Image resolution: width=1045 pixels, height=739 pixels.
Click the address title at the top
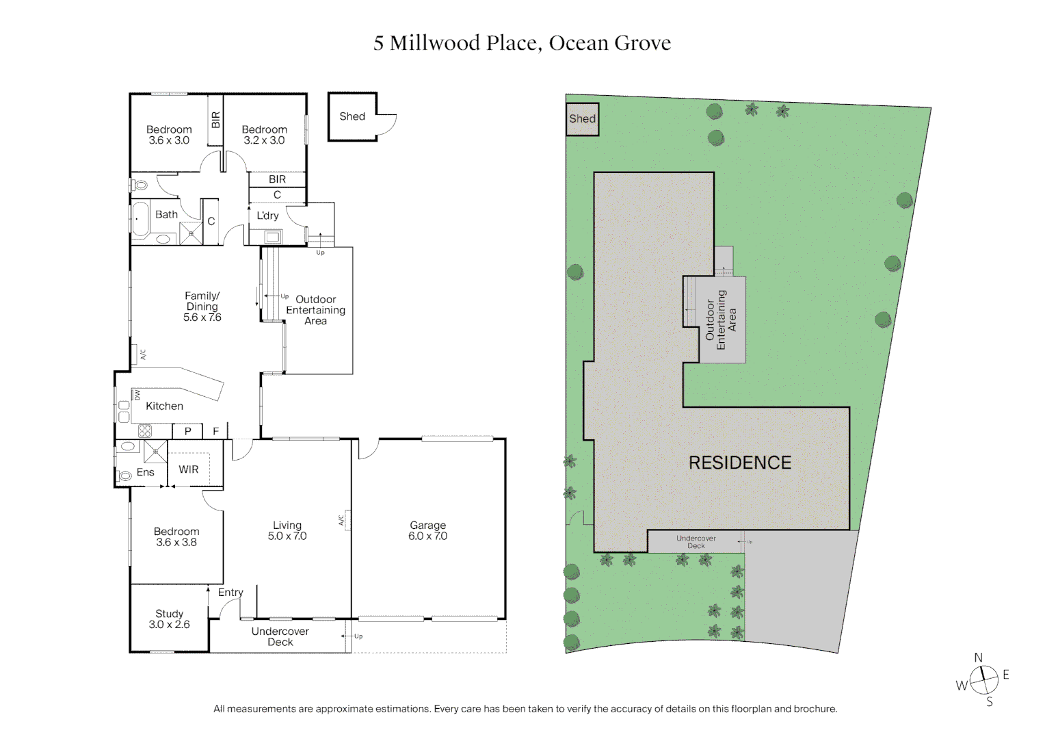point(522,43)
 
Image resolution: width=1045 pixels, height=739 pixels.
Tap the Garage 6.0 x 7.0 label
point(427,531)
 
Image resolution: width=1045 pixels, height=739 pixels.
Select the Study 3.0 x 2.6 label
point(169,619)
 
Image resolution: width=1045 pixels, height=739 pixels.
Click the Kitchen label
point(164,406)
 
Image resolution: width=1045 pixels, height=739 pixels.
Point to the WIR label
point(189,469)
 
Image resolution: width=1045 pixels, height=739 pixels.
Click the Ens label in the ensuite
point(145,472)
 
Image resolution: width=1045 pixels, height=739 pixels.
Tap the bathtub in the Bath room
point(140,219)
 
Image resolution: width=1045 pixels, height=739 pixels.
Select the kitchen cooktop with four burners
point(145,431)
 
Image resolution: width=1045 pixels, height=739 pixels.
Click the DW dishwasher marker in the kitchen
point(137,395)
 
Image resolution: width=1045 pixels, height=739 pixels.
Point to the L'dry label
point(267,216)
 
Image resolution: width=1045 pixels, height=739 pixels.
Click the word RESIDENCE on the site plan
point(739,463)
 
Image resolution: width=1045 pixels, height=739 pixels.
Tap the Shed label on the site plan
point(582,119)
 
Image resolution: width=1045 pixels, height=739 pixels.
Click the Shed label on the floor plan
point(352,116)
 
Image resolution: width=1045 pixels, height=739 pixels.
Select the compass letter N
point(978,658)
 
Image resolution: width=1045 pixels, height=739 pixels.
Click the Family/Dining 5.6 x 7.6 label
point(202,307)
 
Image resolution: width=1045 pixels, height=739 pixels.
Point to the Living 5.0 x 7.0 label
point(287,531)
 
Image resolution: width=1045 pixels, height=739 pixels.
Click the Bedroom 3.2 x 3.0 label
point(264,135)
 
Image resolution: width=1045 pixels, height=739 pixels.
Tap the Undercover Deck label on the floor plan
point(280,636)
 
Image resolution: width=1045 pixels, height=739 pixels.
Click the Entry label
point(230,593)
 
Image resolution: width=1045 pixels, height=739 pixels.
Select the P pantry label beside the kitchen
point(187,431)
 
